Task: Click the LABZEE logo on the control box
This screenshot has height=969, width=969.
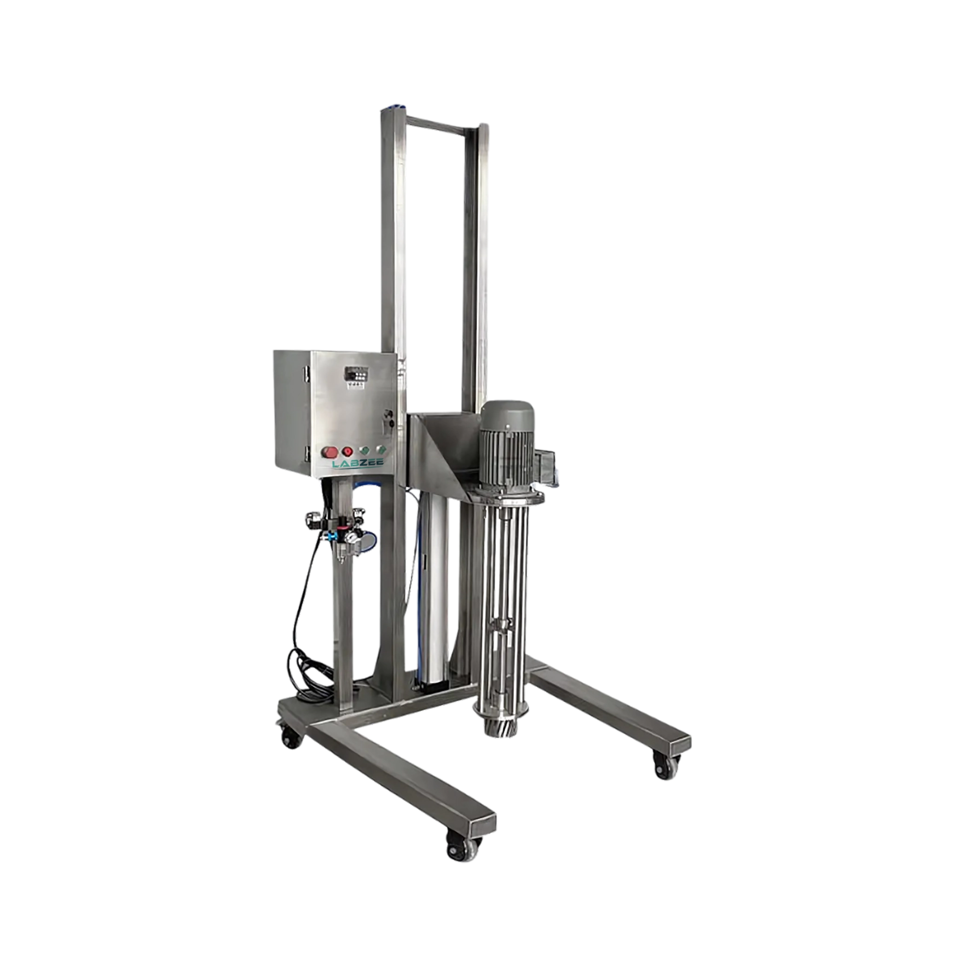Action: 358,464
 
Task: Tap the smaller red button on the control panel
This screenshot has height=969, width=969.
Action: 346,451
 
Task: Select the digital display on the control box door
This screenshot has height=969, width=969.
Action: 354,375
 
